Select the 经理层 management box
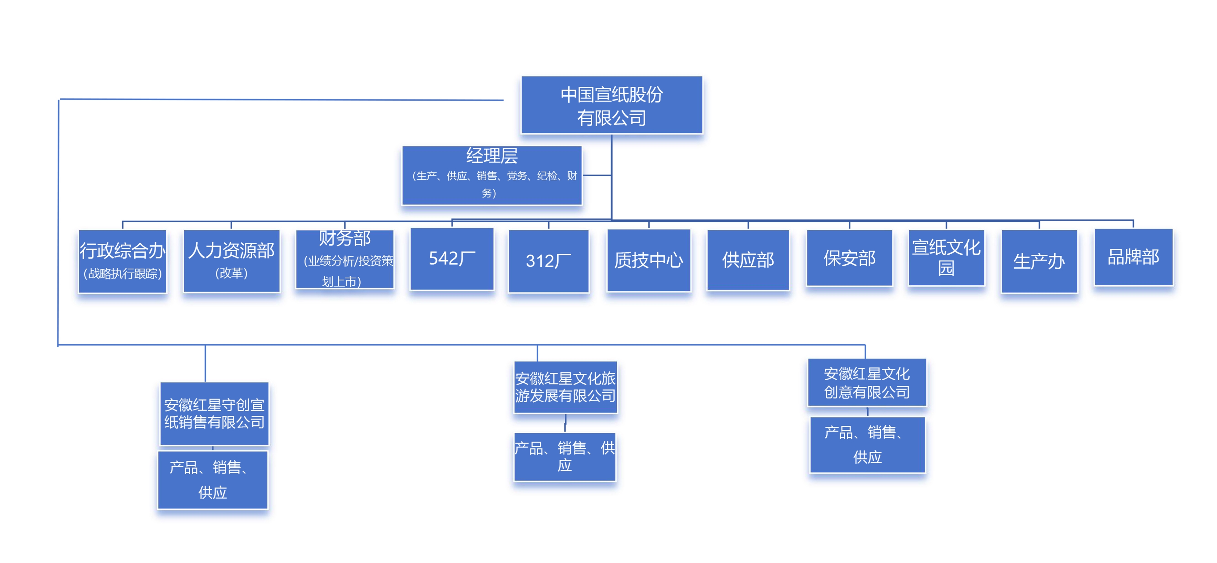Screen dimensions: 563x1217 491,175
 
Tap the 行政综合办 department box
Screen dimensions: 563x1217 123,261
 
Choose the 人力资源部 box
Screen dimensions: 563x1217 232,261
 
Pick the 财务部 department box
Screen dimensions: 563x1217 345,259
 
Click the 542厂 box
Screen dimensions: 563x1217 452,259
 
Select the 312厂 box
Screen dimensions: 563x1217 549,261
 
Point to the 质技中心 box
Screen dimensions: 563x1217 649,260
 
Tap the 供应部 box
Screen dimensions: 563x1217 748,260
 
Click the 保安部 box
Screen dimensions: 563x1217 849,258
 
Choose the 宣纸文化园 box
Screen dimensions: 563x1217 946,258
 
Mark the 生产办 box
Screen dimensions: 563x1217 1039,261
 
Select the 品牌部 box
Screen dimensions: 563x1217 1133,257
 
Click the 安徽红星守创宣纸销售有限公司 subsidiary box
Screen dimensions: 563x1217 214,414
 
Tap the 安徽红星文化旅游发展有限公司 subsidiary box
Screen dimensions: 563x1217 565,387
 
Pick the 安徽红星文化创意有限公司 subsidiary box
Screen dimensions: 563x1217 867,383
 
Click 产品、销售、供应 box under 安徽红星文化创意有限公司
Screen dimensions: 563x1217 867,445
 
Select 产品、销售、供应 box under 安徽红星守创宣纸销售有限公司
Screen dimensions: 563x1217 213,480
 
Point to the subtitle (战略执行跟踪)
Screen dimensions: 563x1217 123,274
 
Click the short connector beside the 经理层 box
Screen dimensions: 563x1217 597,175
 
